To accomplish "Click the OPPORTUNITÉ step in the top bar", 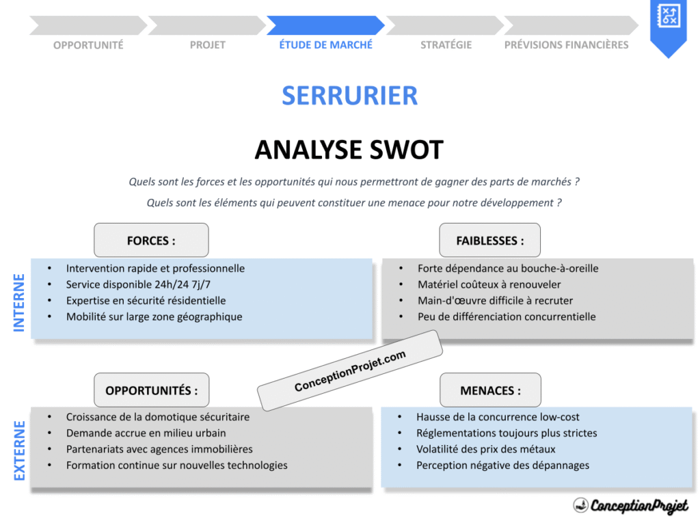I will pyautogui.click(x=88, y=44).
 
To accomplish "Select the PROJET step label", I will pyautogui.click(x=207, y=44).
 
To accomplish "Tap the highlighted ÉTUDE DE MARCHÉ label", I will pyautogui.click(x=325, y=44).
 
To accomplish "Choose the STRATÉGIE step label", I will pyautogui.click(x=446, y=44).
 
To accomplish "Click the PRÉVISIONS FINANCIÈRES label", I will pyautogui.click(x=566, y=44).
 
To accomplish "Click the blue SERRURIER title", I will pyautogui.click(x=349, y=95).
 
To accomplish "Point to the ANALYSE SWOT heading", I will pyautogui.click(x=349, y=150).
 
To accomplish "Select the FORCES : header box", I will pyautogui.click(x=151, y=241).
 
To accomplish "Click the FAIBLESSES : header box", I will pyautogui.click(x=489, y=241).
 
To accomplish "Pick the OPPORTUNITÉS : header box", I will pyautogui.click(x=151, y=390).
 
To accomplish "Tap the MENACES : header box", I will pyautogui.click(x=489, y=390).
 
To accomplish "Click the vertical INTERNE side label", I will pyautogui.click(x=19, y=302).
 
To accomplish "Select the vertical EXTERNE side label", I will pyautogui.click(x=19, y=450).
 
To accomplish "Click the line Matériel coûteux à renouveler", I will pyautogui.click(x=489, y=284).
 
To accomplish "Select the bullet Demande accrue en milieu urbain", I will pyautogui.click(x=146, y=433).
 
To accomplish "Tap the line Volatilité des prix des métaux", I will pyautogui.click(x=485, y=449).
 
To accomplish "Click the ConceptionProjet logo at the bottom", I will pyautogui.click(x=630, y=505).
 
